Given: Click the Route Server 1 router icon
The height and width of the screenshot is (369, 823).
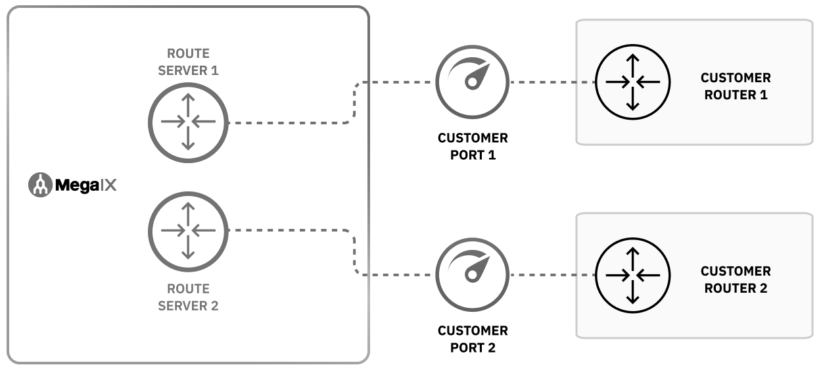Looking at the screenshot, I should click(x=188, y=122).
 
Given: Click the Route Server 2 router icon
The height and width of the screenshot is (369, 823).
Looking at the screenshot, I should click(x=188, y=230).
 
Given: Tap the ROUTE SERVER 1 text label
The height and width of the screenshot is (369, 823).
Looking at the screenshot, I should click(x=188, y=61).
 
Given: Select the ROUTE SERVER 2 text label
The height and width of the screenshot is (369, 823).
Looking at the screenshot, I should click(x=188, y=297).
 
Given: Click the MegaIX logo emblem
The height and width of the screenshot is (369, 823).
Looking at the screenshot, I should click(x=40, y=185).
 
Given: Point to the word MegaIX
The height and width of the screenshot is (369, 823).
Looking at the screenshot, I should click(x=85, y=185).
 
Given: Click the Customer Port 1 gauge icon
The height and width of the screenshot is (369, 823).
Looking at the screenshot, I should click(x=473, y=82).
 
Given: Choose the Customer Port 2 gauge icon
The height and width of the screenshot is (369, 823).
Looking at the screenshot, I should click(x=473, y=274).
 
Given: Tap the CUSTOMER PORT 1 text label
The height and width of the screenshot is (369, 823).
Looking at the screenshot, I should click(x=473, y=147).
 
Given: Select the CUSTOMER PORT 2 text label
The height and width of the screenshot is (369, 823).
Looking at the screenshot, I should click(x=473, y=339).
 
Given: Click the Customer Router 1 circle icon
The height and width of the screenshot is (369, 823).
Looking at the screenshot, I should click(x=632, y=82).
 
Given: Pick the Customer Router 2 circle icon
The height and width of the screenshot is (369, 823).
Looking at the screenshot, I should click(x=632, y=275).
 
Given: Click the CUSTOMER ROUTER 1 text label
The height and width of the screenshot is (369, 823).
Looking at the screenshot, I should click(x=736, y=86).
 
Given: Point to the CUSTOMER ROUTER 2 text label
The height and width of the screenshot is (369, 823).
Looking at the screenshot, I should click(x=736, y=280).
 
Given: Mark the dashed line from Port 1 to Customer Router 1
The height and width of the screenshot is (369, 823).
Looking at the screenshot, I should click(x=552, y=83).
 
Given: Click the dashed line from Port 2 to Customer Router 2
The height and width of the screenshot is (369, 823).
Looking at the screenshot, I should click(x=552, y=275).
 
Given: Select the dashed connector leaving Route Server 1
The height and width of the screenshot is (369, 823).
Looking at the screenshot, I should click(x=289, y=123).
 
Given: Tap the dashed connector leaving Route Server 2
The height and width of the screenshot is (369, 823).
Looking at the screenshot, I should click(x=289, y=230).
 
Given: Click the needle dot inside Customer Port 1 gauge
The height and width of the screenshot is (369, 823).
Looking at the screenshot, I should click(x=470, y=82).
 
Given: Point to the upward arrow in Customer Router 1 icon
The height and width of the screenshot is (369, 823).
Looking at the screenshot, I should click(x=632, y=64).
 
